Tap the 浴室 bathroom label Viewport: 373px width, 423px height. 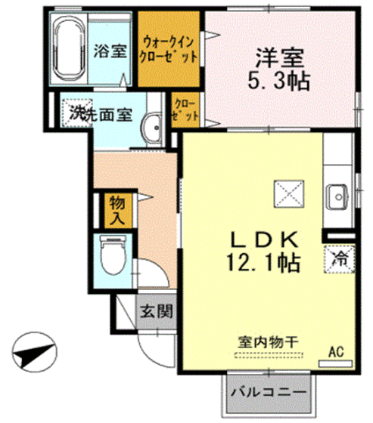point(110,52)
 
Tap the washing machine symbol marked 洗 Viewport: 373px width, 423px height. point(76,115)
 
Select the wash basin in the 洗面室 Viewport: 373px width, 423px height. point(153,127)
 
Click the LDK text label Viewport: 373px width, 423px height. point(267,239)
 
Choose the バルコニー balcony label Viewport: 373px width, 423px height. point(266,393)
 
